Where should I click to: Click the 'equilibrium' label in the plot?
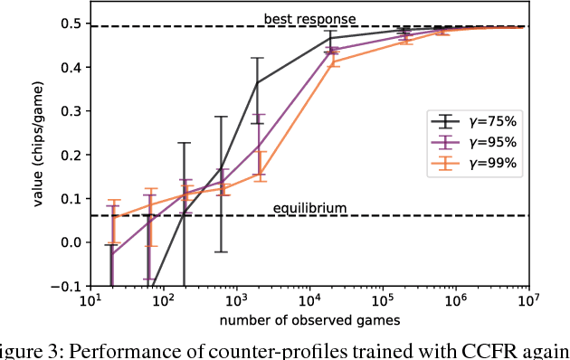point(309,208)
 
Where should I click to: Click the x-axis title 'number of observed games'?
point(309,321)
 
